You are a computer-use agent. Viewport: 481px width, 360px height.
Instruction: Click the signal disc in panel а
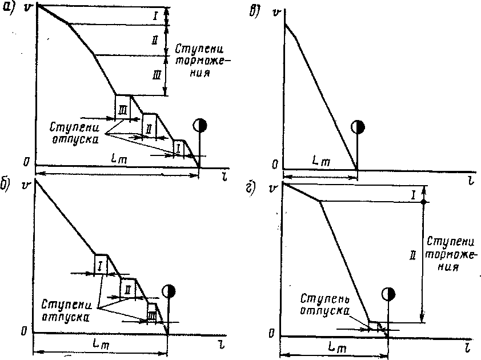(x=200, y=125)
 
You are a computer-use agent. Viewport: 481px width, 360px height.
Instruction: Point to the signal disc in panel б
(x=167, y=291)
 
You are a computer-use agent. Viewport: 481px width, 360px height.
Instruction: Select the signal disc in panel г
(x=388, y=294)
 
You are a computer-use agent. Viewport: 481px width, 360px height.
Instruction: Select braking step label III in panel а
(x=157, y=74)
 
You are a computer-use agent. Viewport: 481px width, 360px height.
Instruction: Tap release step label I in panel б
(x=100, y=265)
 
